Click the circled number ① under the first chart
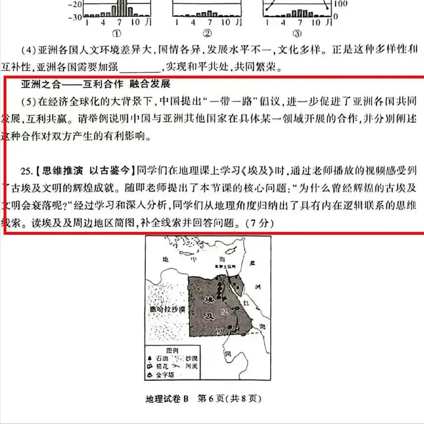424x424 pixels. click(117, 33)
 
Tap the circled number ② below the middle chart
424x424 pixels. click(207, 33)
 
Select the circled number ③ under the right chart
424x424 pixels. click(296, 33)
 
